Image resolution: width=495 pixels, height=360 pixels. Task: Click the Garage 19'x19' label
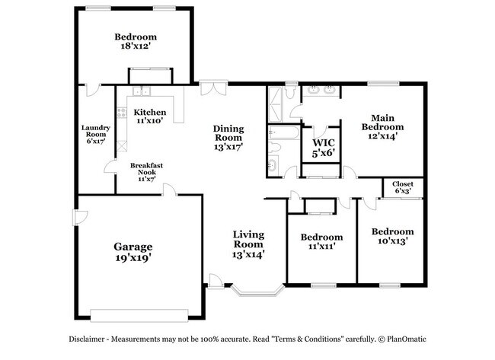(x=133, y=252)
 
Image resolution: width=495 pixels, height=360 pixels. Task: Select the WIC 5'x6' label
(x=323, y=148)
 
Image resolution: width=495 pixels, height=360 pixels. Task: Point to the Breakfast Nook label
(x=146, y=172)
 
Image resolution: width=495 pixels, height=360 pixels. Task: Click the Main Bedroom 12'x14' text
(x=382, y=127)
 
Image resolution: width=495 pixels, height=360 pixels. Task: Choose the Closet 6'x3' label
(x=403, y=187)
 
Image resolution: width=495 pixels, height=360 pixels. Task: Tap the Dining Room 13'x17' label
(x=228, y=138)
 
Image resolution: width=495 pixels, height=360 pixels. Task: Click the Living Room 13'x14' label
(x=248, y=244)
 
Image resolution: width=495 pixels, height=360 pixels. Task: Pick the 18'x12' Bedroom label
(x=136, y=41)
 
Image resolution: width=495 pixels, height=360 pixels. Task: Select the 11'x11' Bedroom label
(x=321, y=241)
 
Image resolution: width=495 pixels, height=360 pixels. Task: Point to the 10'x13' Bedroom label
(x=393, y=236)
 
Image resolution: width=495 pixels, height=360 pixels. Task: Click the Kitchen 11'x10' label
(x=149, y=116)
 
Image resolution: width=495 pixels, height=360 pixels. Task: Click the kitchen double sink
(x=142, y=91)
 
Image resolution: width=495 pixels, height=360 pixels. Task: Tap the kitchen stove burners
(x=122, y=113)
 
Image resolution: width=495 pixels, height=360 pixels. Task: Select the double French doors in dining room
(x=213, y=88)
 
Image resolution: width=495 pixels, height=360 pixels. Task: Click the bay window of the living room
(x=257, y=290)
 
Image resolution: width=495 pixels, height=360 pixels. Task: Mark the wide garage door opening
(x=139, y=316)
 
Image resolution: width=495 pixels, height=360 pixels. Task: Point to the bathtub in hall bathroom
(x=284, y=133)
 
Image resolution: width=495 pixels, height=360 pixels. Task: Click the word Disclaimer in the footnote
(x=87, y=339)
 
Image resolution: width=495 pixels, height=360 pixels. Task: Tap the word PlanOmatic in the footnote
(x=407, y=339)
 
